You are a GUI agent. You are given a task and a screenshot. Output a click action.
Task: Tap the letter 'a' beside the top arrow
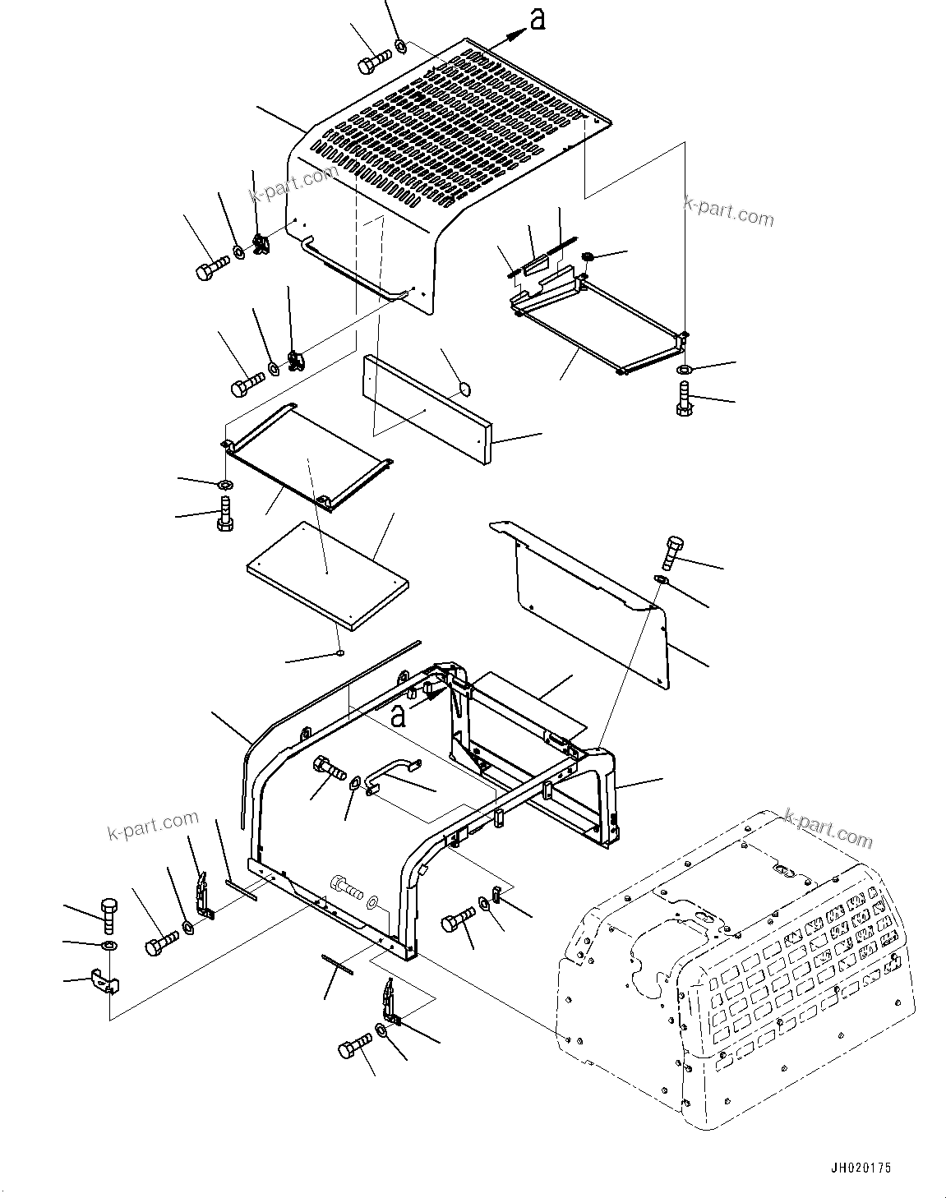point(537,21)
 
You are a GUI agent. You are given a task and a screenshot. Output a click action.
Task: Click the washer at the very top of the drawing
point(400,45)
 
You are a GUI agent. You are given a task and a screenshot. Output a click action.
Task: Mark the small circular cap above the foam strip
point(464,387)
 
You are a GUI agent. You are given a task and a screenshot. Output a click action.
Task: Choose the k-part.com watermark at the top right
point(728,211)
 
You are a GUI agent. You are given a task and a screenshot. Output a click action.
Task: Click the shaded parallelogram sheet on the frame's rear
point(530,698)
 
